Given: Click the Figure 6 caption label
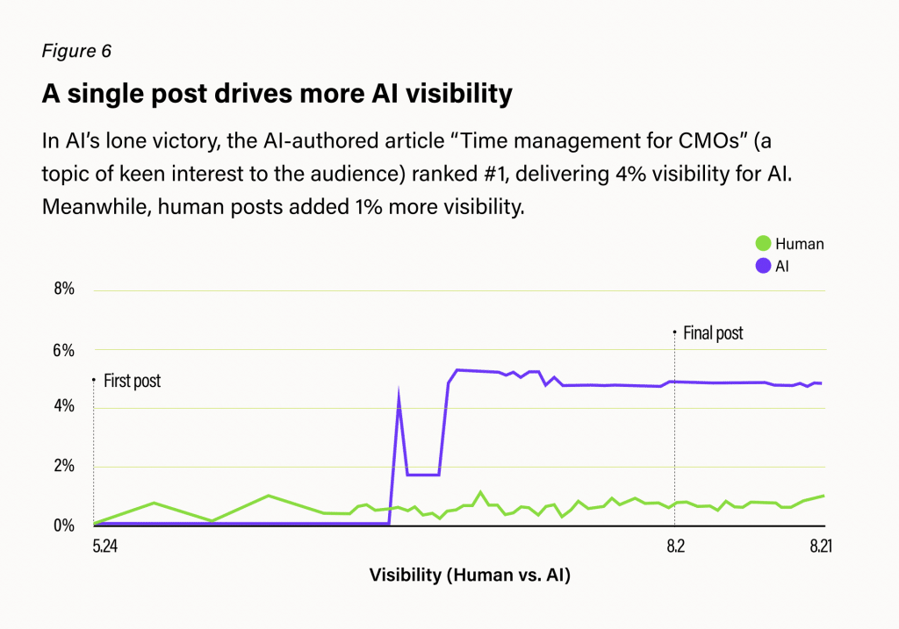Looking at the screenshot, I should pyautogui.click(x=76, y=51).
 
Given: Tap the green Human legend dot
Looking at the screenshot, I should pyautogui.click(x=762, y=244).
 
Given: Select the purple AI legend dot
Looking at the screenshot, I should pyautogui.click(x=762, y=265).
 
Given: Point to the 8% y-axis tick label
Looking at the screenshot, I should pyautogui.click(x=65, y=289).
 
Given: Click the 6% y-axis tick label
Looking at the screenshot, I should pyautogui.click(x=65, y=349).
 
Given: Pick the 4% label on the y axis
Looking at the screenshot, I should pyautogui.click(x=65, y=407).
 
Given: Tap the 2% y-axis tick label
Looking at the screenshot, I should pyautogui.click(x=65, y=466).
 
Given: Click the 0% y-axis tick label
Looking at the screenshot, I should pyautogui.click(x=65, y=525).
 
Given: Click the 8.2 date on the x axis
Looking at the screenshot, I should pyautogui.click(x=674, y=547).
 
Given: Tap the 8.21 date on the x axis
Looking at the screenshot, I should pyautogui.click(x=820, y=547).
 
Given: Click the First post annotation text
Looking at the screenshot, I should pyautogui.click(x=132, y=382).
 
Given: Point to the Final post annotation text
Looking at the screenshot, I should pyautogui.click(x=712, y=333).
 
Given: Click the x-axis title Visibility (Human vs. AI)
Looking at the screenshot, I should pyautogui.click(x=470, y=575).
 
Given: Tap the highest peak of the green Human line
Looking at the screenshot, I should pyautogui.click(x=480, y=492).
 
